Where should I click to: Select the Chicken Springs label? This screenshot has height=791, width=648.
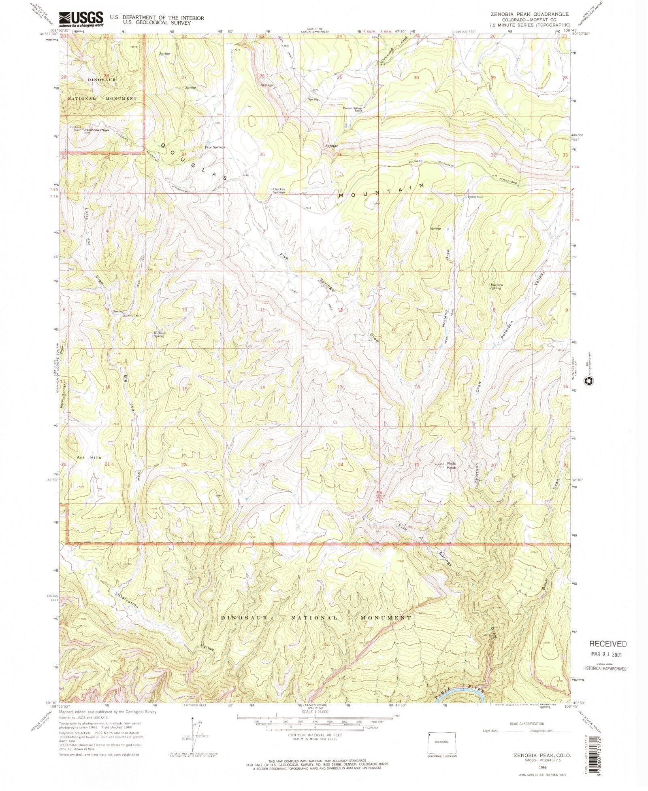279,191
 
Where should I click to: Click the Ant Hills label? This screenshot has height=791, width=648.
89,457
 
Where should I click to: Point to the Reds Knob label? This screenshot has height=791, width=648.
451,465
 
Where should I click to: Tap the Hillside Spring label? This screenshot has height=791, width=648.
158,334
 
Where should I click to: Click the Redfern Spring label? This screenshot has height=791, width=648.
496,286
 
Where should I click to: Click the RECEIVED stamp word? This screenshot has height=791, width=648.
608,643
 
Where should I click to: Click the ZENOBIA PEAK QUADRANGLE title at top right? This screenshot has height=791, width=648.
529,14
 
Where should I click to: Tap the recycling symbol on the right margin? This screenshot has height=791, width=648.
588,380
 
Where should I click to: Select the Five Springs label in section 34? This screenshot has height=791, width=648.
215,147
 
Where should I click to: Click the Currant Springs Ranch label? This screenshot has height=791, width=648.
352,109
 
